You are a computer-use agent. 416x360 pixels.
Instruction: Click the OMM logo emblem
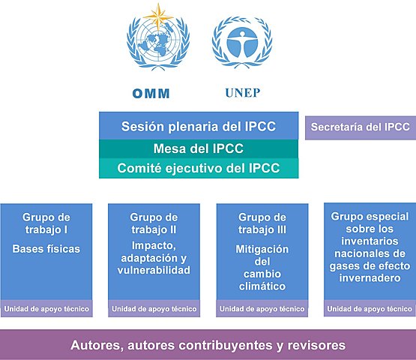pyautogui.click(x=158, y=43)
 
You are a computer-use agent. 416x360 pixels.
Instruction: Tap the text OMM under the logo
pyautogui.click(x=151, y=94)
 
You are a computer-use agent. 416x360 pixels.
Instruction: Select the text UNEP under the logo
pyautogui.click(x=241, y=94)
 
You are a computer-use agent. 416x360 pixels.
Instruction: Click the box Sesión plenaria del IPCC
pyautogui.click(x=199, y=126)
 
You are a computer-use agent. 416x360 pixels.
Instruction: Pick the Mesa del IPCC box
pyautogui.click(x=199, y=148)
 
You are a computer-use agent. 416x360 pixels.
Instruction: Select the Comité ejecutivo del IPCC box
pyautogui.click(x=199, y=168)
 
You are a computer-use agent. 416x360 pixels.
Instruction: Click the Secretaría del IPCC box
pyautogui.click(x=361, y=127)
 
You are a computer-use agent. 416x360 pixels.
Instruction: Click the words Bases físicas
pyautogui.click(x=46, y=248)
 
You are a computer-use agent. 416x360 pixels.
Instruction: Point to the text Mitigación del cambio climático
pyautogui.click(x=262, y=268)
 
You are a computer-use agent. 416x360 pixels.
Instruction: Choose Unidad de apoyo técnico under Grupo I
pyautogui.click(x=46, y=308)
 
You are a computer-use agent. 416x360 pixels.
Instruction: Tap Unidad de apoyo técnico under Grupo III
pyautogui.click(x=262, y=308)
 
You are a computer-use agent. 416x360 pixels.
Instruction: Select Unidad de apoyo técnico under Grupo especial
pyautogui.click(x=370, y=308)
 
